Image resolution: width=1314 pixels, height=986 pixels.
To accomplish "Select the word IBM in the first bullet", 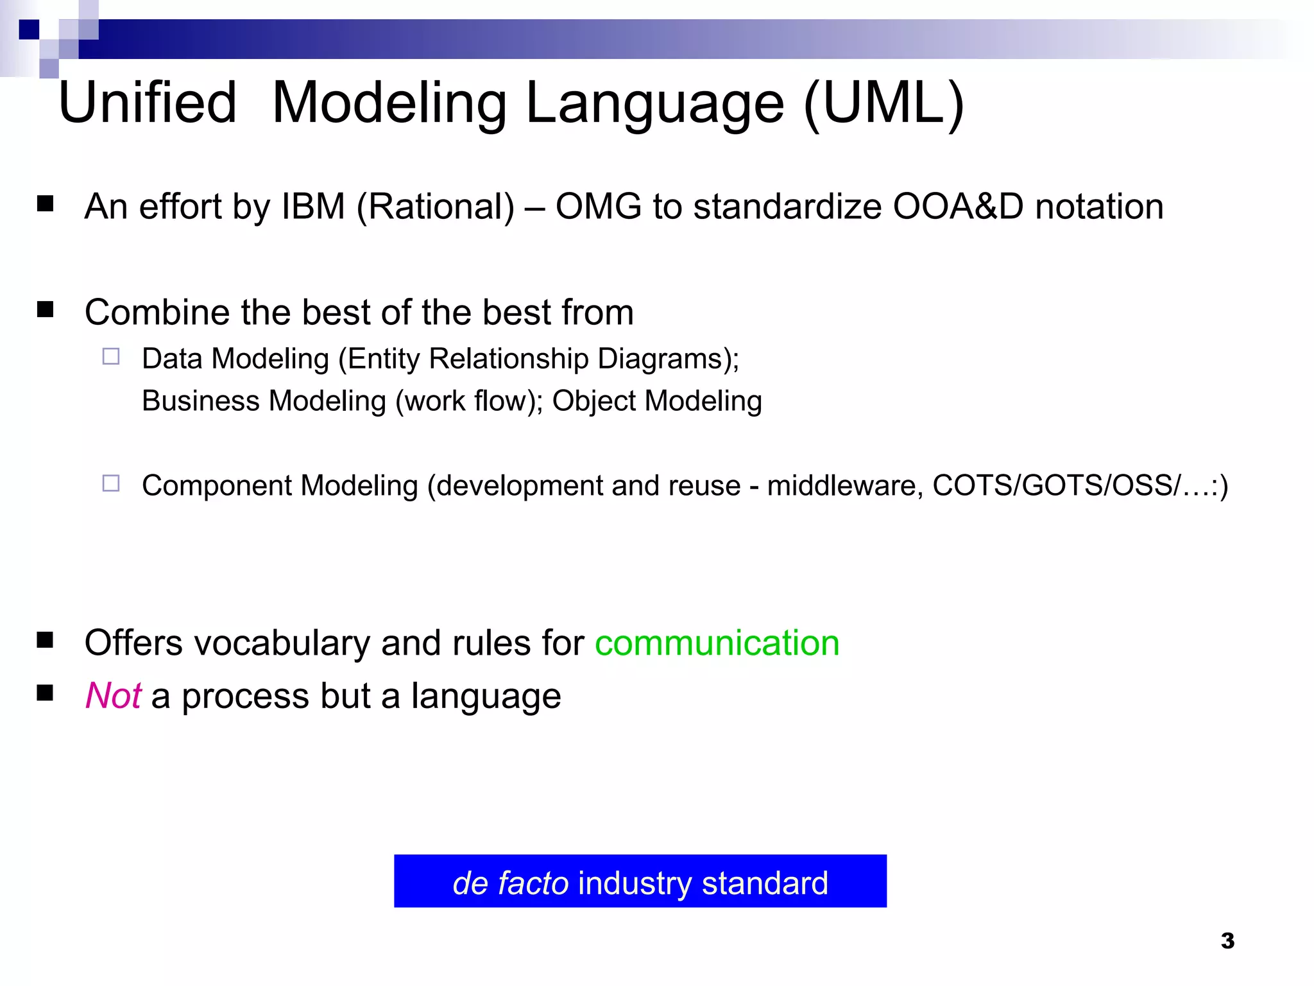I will (x=313, y=207).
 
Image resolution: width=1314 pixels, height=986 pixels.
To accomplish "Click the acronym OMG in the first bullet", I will (x=598, y=207).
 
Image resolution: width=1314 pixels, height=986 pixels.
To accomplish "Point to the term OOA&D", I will (x=958, y=207).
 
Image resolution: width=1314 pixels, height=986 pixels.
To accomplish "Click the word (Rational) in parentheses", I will (x=436, y=207).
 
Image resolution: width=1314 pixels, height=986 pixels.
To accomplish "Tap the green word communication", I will (x=717, y=643).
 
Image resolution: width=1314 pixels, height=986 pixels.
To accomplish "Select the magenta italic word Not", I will (x=114, y=696).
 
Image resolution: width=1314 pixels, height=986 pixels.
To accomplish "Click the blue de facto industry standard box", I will (x=640, y=881).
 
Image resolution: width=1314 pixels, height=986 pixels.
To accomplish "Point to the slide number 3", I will (x=1227, y=941).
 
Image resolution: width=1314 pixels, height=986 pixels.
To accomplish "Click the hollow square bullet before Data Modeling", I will (x=111, y=356).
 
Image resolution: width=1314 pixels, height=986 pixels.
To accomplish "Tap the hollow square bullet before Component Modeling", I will (x=111, y=483).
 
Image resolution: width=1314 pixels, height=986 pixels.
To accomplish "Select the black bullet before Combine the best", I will (x=45, y=310).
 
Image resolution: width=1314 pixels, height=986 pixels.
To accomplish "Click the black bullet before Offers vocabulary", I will (x=45, y=640).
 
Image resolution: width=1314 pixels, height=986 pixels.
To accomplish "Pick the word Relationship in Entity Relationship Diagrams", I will (x=508, y=359).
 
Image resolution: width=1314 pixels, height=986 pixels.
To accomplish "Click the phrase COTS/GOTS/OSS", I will (x=1055, y=485).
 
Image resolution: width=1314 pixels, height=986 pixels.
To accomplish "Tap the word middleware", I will (x=844, y=485).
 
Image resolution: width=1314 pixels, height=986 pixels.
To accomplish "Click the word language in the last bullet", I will (x=486, y=696).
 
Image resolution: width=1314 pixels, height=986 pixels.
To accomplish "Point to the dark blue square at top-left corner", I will (x=29, y=30).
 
